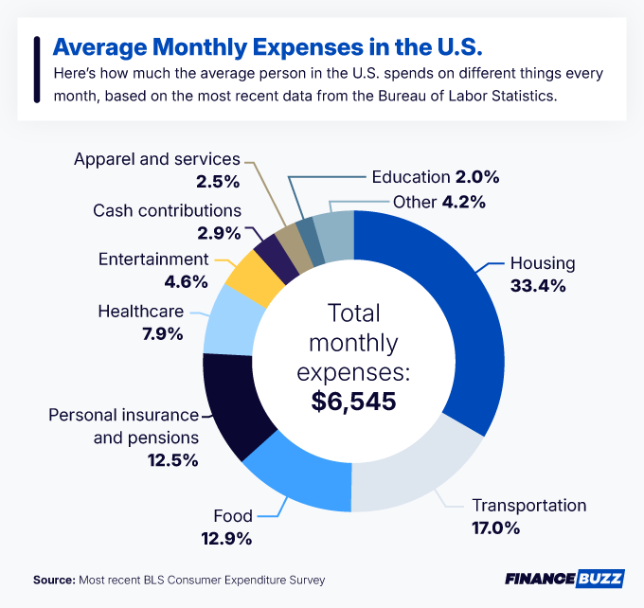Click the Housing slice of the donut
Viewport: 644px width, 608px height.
(445, 313)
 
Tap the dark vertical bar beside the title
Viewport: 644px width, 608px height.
(36, 68)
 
